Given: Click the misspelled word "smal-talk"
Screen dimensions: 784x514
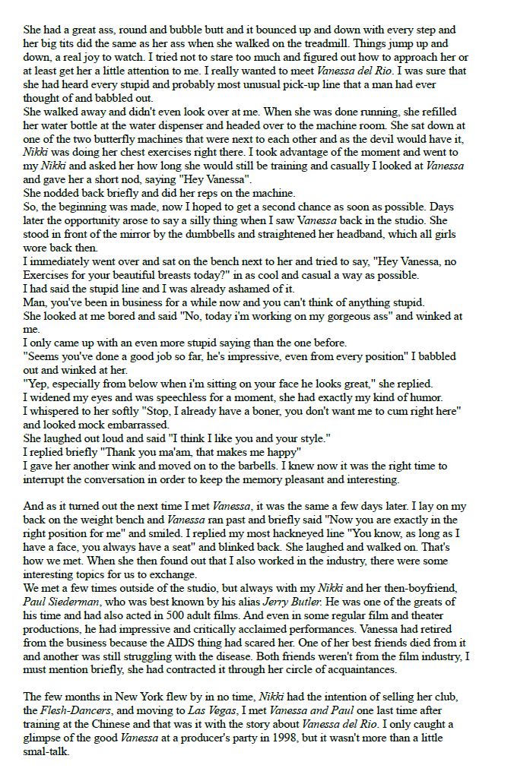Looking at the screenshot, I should (x=47, y=751).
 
